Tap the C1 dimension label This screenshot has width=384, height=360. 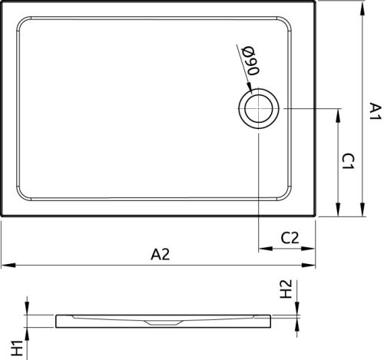point(348,161)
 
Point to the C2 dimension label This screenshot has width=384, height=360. point(290,238)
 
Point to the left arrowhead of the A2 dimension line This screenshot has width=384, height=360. point(4,266)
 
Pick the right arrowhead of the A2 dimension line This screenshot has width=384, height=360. point(313,266)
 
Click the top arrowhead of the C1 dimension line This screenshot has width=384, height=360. point(338,111)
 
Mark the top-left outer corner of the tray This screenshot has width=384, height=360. point(2,2)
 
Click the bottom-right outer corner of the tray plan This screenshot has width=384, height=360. point(316,216)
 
